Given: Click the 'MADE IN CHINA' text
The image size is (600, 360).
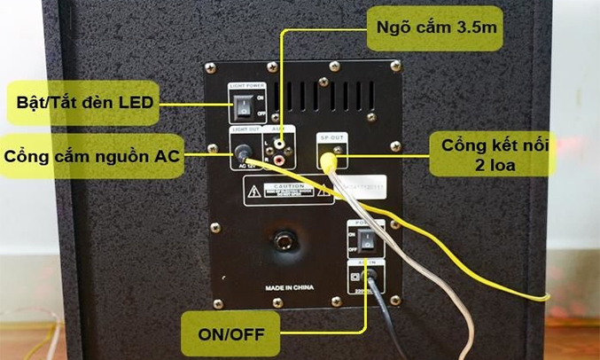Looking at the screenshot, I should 288,288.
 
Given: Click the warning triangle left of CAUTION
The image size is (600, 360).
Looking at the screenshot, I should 254,191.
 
